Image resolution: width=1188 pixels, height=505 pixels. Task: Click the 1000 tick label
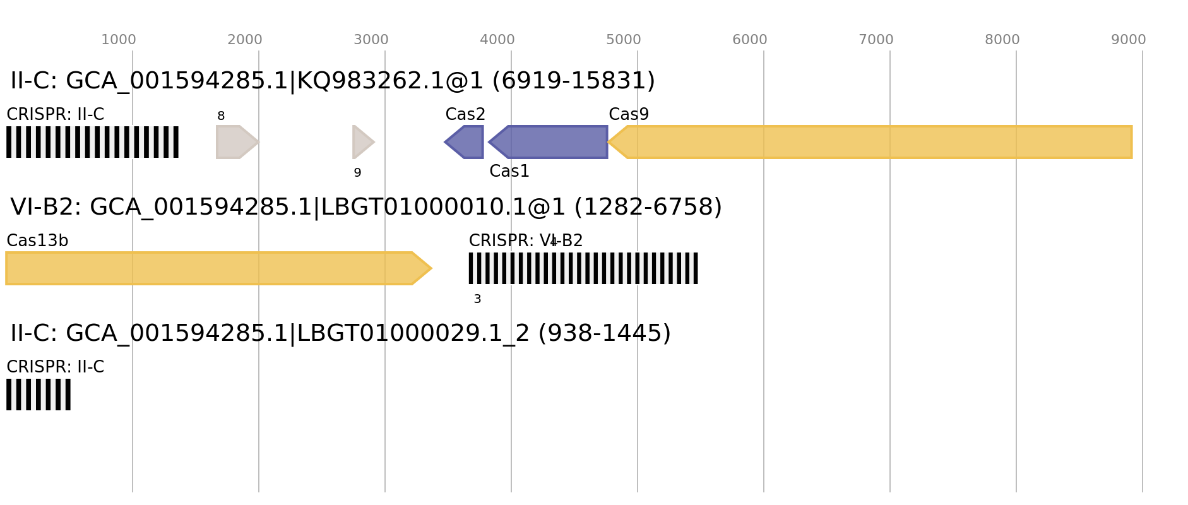point(119,40)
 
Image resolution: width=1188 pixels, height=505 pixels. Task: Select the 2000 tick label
point(244,40)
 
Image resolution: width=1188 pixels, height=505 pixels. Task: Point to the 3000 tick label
point(371,40)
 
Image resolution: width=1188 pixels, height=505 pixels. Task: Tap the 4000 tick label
point(497,40)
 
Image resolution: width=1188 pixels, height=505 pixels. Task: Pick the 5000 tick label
point(624,40)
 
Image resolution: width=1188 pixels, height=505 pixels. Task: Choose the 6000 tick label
point(749,40)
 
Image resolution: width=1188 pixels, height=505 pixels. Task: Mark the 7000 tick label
point(876,40)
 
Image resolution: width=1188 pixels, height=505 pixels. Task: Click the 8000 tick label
point(1002,40)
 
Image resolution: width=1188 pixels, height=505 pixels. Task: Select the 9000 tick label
point(1128,40)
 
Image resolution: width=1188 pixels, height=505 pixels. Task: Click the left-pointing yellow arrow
point(871,142)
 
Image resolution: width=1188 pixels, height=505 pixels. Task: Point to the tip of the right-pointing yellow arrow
point(432,268)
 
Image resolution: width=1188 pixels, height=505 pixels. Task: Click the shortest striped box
point(39,395)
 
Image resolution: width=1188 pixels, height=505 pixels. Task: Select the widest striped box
point(583,268)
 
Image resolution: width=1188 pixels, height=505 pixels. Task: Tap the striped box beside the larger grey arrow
point(92,142)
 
